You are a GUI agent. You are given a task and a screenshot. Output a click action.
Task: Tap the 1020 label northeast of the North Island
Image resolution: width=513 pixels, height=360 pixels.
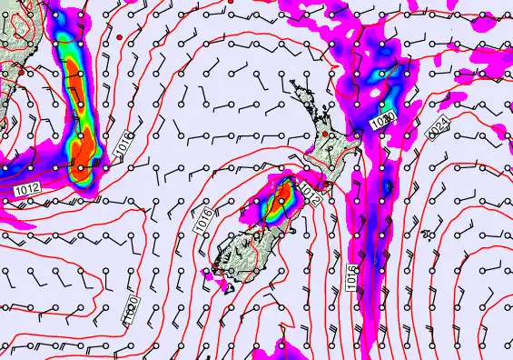tap(383, 120)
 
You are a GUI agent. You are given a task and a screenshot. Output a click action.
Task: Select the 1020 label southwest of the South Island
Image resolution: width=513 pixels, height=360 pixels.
tap(132, 310)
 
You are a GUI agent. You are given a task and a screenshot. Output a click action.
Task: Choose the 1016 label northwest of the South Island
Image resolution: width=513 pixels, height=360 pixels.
tap(202, 218)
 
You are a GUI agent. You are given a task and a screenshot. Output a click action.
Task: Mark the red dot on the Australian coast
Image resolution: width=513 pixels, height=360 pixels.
tap(118, 35)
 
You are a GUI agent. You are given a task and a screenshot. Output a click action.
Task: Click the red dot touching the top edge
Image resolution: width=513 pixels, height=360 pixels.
tap(232, 3)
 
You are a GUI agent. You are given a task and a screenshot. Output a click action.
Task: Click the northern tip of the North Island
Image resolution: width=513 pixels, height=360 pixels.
tap(293, 83)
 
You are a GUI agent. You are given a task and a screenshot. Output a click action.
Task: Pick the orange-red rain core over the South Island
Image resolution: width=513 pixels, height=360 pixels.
tap(282, 193)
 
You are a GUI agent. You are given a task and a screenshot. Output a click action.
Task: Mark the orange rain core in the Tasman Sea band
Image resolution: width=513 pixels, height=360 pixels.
tap(84, 155)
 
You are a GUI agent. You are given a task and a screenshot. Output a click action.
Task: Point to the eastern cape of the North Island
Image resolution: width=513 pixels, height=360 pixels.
tap(357, 137)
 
